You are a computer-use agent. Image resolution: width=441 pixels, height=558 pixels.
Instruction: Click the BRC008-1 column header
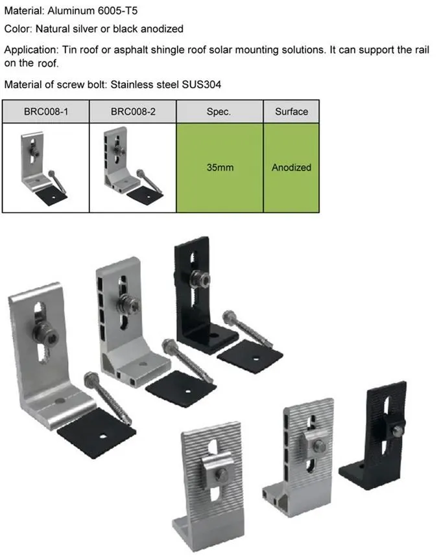pos(45,111)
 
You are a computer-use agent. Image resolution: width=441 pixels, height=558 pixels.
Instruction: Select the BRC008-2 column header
pos(133,111)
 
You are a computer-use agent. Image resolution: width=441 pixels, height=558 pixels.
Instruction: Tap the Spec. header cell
pos(219,111)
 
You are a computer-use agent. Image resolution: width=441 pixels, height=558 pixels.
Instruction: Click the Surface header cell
pos(291,111)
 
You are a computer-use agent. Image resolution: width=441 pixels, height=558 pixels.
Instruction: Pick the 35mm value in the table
pos(220,167)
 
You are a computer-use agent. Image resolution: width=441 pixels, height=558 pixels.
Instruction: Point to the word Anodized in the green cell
pos(291,167)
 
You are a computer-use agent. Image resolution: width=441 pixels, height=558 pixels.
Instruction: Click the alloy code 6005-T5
pos(117,10)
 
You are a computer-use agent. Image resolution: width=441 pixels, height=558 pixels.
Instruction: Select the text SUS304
pos(201,85)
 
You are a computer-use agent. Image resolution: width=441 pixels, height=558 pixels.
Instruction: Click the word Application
pos(31,50)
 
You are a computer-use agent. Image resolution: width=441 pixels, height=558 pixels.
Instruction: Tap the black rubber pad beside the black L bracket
pos(250,356)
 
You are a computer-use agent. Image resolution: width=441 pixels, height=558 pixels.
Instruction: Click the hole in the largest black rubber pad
pos(102,436)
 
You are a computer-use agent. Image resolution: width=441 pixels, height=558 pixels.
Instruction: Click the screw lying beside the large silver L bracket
pos(108,398)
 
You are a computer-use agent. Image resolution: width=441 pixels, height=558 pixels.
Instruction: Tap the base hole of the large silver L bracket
pos(60,401)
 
